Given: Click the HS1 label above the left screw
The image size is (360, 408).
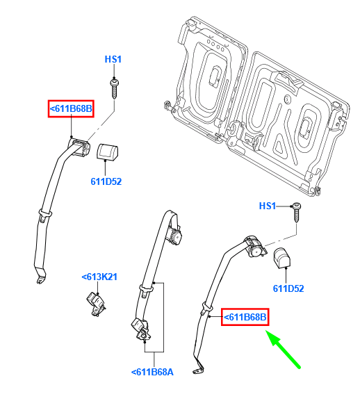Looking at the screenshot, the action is (113, 59).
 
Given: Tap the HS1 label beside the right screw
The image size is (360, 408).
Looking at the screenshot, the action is (268, 206).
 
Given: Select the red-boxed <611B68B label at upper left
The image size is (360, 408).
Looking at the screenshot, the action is (71, 108).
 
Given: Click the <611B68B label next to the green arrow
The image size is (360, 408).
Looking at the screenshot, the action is (245, 317).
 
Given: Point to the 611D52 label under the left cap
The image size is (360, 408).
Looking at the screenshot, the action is (106, 181).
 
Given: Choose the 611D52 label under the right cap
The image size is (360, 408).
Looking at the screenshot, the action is (288, 288).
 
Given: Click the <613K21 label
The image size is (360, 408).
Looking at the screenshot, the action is (99, 277).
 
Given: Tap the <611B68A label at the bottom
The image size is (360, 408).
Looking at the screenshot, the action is (152, 372).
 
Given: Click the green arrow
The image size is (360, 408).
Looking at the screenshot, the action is (283, 349).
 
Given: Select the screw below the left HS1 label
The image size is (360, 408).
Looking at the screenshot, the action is (114, 88).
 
